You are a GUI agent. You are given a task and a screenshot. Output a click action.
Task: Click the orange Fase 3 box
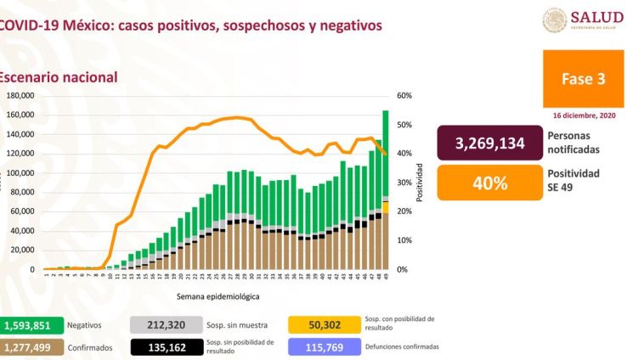point(583,78)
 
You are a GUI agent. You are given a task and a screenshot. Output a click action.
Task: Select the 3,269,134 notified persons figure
point(489,143)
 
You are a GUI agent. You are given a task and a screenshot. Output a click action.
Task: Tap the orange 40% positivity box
point(489,183)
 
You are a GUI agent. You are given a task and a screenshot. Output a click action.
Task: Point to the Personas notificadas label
point(573,143)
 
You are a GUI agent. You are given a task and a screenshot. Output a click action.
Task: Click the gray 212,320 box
point(165,324)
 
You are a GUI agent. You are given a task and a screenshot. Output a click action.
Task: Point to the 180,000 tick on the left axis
point(19,96)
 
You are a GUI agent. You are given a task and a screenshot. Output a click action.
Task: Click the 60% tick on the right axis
point(404,96)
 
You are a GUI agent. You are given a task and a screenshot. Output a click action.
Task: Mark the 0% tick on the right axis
point(404,270)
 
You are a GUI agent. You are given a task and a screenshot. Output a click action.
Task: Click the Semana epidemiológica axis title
point(218,297)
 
